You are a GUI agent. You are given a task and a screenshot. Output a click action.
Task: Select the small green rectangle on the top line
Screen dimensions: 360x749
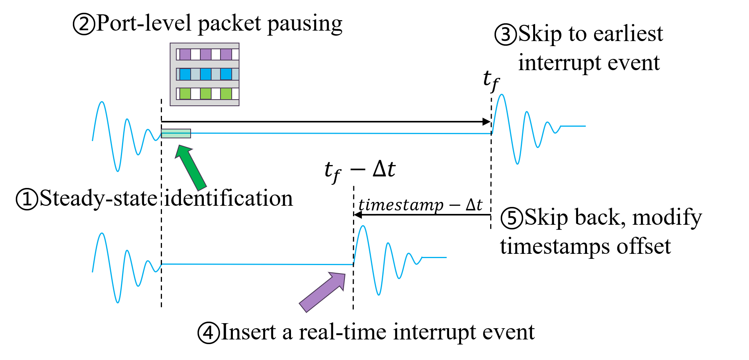[176, 133]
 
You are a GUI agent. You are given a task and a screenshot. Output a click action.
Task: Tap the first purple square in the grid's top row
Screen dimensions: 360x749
[185, 54]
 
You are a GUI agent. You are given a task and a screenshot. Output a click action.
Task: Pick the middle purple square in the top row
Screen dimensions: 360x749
[206, 54]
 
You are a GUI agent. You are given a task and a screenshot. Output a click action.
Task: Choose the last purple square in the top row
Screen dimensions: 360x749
[226, 54]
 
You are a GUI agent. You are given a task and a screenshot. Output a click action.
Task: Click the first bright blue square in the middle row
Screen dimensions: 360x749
[185, 74]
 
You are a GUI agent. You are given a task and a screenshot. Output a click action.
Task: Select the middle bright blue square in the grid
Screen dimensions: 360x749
[206, 74]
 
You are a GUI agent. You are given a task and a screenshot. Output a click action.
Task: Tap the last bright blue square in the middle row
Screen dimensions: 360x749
[226, 74]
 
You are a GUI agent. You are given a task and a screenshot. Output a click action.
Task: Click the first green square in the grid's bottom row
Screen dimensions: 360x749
[185, 94]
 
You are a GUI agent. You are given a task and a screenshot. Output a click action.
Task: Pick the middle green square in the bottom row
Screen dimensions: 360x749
[206, 94]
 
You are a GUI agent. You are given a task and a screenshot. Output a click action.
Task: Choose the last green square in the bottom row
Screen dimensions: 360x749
[226, 94]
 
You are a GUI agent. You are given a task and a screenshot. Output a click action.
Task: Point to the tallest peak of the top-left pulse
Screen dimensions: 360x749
[102, 102]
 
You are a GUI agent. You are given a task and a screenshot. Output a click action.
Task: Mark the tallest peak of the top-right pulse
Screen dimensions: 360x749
[502, 95]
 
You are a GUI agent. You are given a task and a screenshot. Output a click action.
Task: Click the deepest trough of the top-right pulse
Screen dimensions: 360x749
[517, 164]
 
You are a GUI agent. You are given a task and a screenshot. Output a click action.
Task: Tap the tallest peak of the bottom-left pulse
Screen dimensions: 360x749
[102, 233]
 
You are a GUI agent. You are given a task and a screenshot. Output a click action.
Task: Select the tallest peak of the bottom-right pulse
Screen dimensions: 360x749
[363, 226]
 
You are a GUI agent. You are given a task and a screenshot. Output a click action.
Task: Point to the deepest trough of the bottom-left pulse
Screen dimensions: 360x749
[118, 302]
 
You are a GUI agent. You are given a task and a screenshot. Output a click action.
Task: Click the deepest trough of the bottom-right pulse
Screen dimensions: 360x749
[379, 295]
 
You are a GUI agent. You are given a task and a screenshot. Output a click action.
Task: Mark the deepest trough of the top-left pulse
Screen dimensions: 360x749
[118, 171]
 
